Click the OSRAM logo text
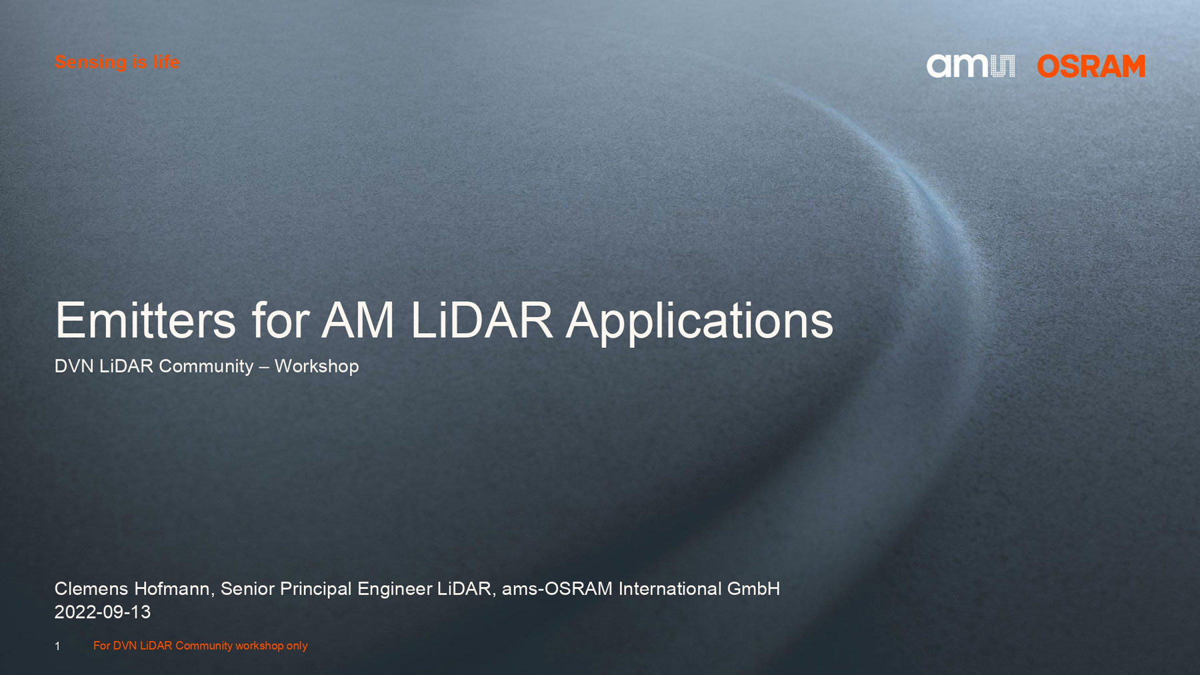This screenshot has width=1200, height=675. coord(1091,66)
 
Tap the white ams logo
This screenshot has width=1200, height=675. coord(971,66)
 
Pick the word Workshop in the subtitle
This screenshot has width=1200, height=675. coord(317,366)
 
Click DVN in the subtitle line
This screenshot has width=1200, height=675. coord(74,366)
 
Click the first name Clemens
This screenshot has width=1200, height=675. coord(91,588)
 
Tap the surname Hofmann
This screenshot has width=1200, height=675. coord(175,589)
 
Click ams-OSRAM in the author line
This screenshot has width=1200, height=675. coord(557,588)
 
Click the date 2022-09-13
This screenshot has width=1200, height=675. coord(103,612)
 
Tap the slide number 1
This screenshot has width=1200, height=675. coord(57,646)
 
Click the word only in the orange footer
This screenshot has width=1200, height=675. coord(297,646)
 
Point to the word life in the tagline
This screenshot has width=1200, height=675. coord(166,63)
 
